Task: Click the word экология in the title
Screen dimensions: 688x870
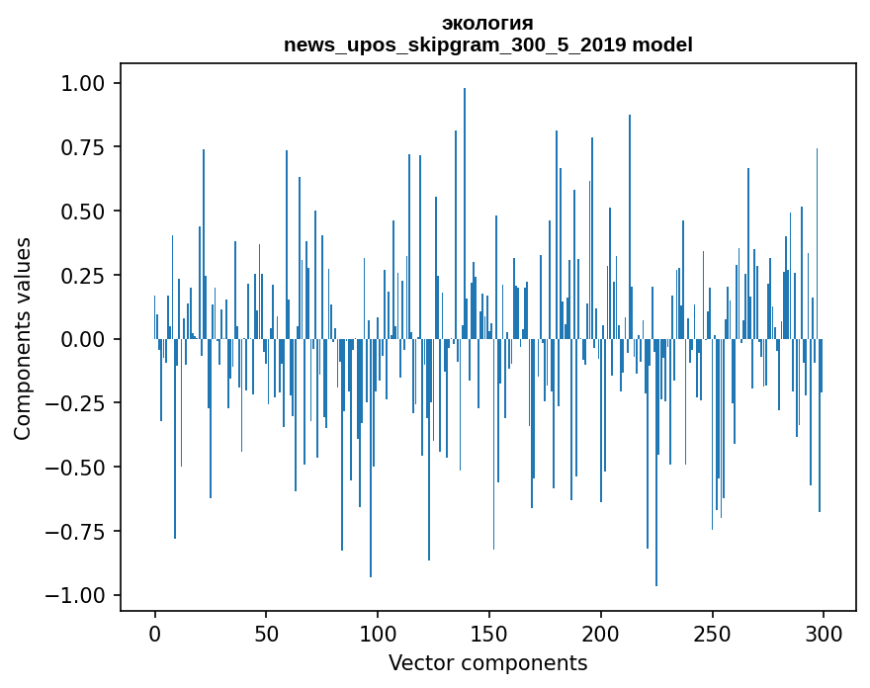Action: [x=487, y=23]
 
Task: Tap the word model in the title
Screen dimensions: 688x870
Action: [x=662, y=44]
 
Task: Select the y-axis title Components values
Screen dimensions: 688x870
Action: [x=23, y=338]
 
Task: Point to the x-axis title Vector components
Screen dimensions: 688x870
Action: [x=487, y=662]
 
